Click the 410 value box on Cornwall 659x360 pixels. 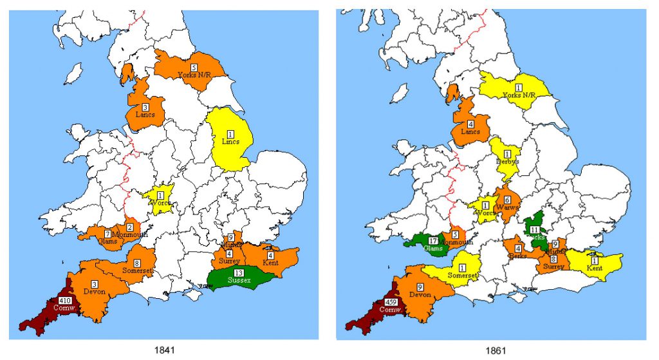pyautogui.click(x=65, y=301)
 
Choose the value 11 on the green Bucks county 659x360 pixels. pyautogui.click(x=534, y=229)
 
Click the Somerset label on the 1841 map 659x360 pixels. pyautogui.click(x=137, y=270)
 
